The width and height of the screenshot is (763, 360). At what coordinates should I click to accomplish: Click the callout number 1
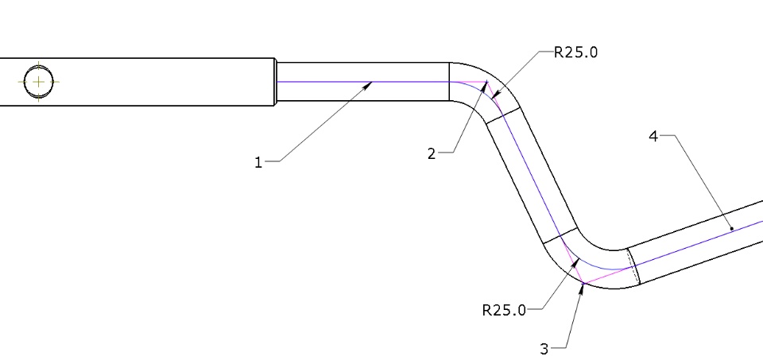(x=258, y=162)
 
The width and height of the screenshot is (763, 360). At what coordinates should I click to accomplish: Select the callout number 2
(x=432, y=154)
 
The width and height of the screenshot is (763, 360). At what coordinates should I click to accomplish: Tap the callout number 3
(x=544, y=349)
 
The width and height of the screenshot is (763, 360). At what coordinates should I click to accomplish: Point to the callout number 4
(x=653, y=137)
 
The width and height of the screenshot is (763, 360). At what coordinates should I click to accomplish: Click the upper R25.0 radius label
(x=575, y=52)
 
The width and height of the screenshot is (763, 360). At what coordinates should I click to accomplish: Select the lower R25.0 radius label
(x=504, y=310)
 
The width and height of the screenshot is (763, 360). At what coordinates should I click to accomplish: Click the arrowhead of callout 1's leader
(x=368, y=86)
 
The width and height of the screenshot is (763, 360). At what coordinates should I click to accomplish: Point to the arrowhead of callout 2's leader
(x=484, y=86)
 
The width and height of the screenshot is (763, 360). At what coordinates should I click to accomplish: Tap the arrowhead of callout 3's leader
(x=582, y=288)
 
